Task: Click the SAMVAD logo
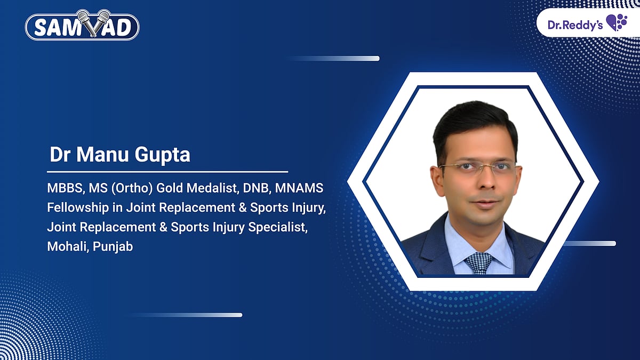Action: (x=83, y=27)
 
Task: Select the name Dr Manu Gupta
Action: (x=119, y=155)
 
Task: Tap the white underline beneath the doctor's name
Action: (x=167, y=172)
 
